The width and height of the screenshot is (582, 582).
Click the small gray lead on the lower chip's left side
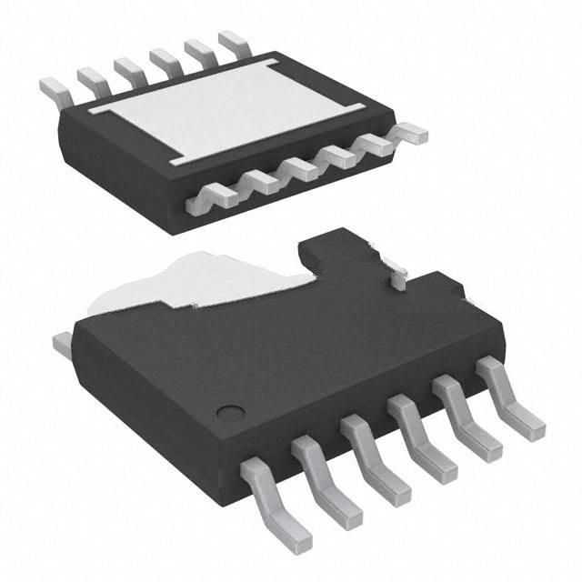[x=62, y=343]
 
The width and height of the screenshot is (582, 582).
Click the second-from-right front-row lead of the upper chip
[x=376, y=144]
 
